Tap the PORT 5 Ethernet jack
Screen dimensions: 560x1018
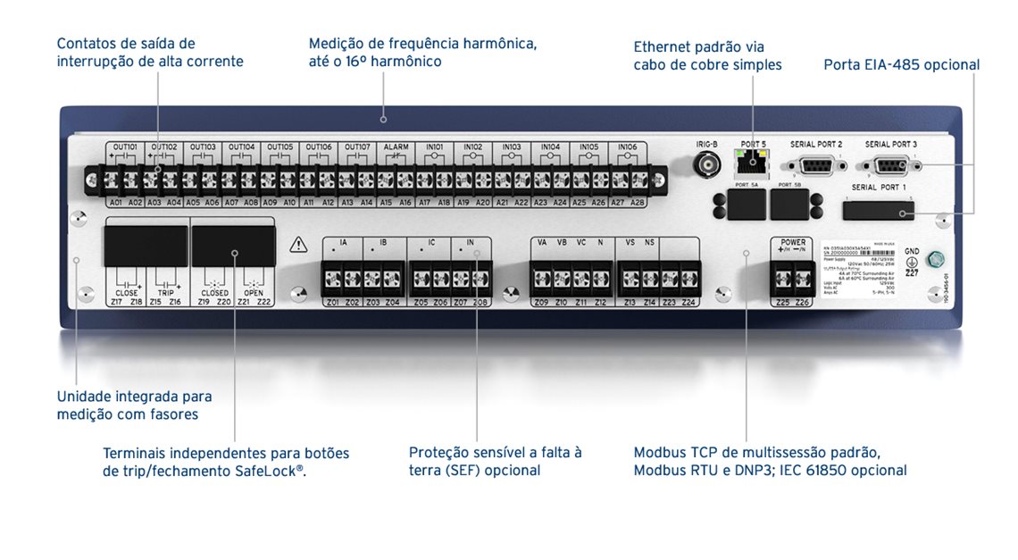[x=752, y=162]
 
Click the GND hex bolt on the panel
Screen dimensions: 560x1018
[x=936, y=261]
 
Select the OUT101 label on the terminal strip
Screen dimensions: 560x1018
[x=125, y=146]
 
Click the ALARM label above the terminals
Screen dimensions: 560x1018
[x=396, y=146]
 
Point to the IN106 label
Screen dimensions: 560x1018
[x=628, y=146]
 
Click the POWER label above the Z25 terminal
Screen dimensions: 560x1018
[x=793, y=242]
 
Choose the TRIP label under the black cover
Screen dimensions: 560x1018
[x=165, y=293]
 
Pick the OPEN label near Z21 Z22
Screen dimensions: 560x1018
[x=254, y=293]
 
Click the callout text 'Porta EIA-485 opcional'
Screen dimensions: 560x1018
[x=901, y=65]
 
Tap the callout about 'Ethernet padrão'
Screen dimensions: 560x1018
[x=707, y=55]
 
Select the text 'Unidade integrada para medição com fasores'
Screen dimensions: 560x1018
[x=134, y=405]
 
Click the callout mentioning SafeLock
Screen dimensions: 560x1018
[x=226, y=462]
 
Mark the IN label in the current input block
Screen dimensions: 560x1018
[x=471, y=243]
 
